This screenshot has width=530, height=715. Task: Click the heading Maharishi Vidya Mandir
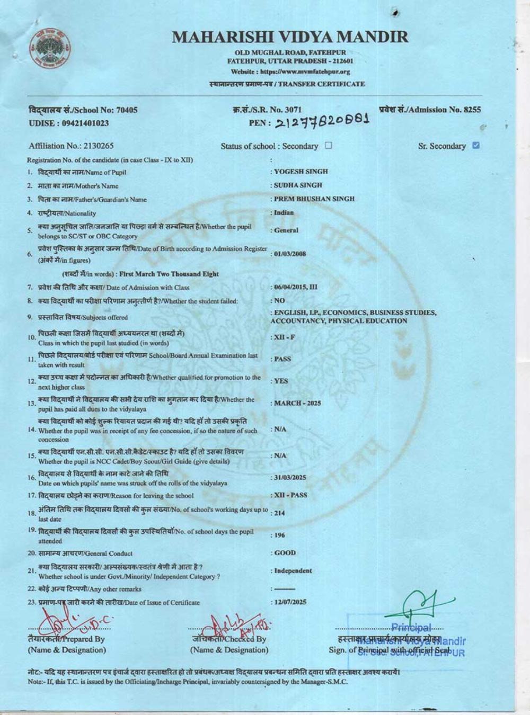click(290, 37)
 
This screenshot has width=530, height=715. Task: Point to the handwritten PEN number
click(322, 121)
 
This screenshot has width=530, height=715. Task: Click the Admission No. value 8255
click(472, 110)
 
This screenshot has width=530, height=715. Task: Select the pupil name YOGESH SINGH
click(301, 172)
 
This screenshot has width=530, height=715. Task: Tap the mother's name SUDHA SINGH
click(298, 185)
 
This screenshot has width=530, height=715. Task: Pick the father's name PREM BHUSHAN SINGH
click(314, 199)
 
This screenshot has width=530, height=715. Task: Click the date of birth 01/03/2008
click(290, 254)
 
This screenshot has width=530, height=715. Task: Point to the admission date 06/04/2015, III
click(296, 287)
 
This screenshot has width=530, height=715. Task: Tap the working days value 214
click(279, 513)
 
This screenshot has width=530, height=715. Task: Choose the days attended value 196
click(279, 535)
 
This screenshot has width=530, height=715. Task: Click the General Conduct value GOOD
click(285, 553)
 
